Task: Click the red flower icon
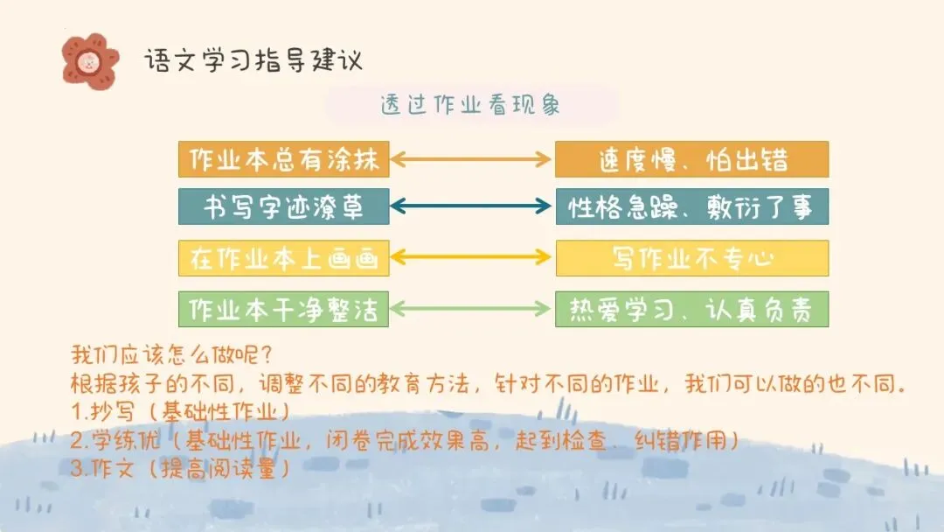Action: (x=89, y=59)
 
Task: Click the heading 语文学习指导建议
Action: (x=253, y=60)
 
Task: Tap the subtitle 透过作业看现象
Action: (x=470, y=105)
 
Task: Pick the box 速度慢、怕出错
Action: (x=691, y=159)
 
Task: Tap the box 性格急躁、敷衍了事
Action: (x=691, y=207)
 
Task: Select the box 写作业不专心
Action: (x=691, y=259)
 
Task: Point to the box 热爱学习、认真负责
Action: (x=691, y=309)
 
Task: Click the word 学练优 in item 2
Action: (x=120, y=440)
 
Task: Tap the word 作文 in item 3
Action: (x=114, y=468)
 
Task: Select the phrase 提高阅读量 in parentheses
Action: (x=219, y=468)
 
